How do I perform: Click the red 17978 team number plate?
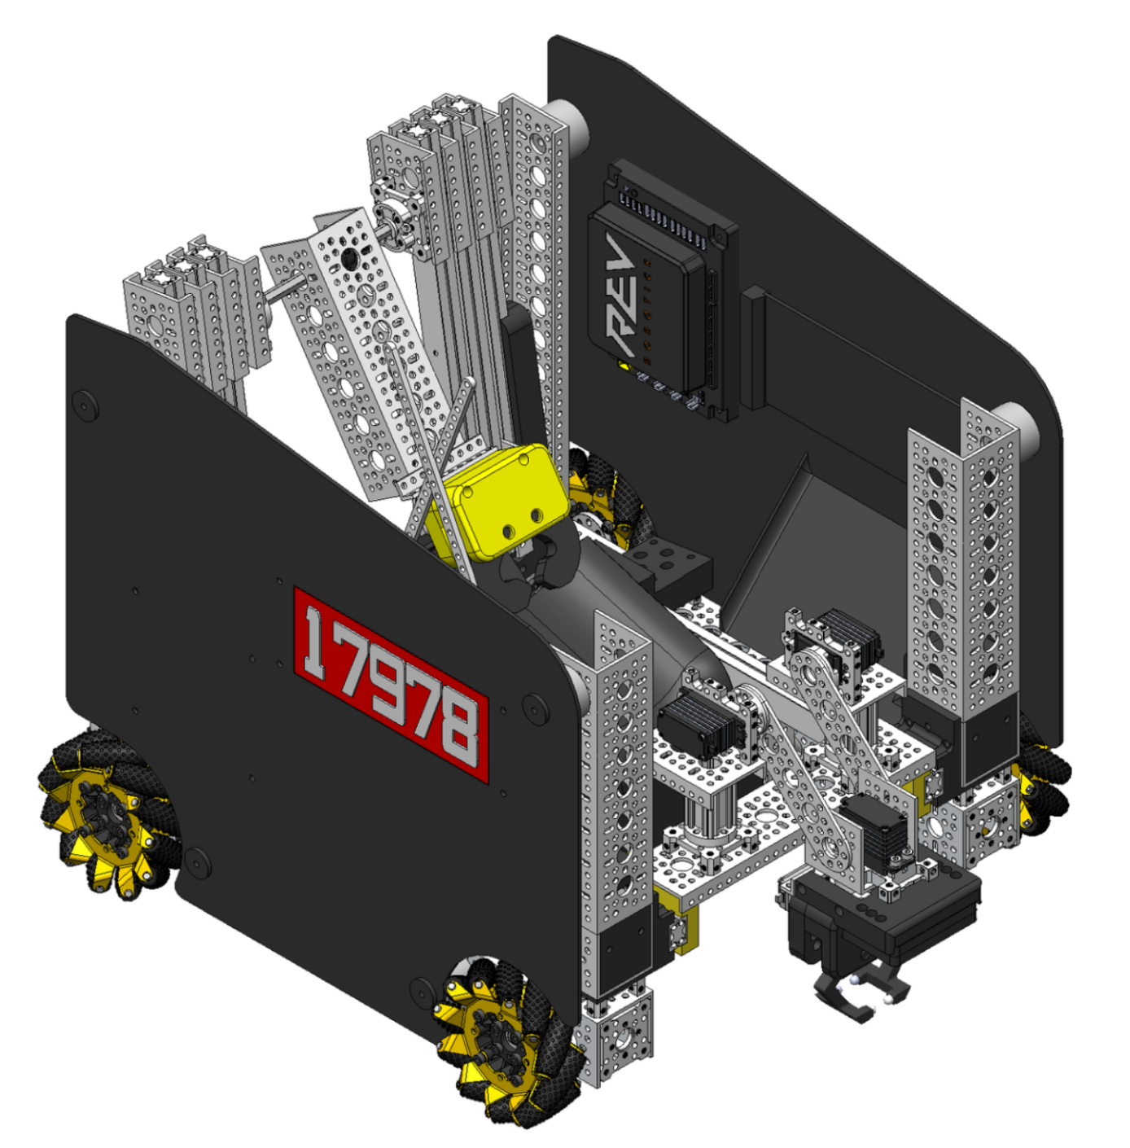pos(391,685)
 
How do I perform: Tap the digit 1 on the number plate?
pos(318,642)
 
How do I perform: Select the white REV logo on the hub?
pos(620,294)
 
